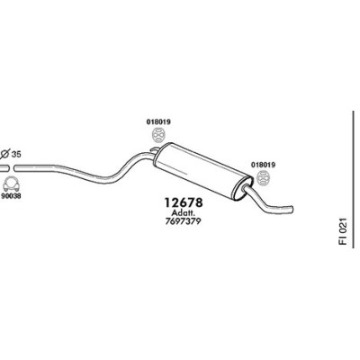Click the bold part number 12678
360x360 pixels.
click(x=184, y=202)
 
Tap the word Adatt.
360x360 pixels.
click(x=184, y=213)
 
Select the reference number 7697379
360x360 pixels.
click(x=183, y=221)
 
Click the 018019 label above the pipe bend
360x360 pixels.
click(x=158, y=122)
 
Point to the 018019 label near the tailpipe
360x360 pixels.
click(x=263, y=165)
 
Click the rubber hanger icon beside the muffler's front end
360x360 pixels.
click(x=158, y=135)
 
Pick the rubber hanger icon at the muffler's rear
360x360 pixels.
click(x=263, y=178)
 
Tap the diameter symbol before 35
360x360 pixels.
click(x=4, y=154)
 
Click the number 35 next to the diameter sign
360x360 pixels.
click(x=16, y=155)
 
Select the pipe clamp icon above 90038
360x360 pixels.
click(x=11, y=184)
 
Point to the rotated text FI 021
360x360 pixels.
click(x=343, y=231)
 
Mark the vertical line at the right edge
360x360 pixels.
click(x=354, y=179)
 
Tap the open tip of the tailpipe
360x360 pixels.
click(x=291, y=210)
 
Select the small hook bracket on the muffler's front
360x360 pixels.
click(x=154, y=149)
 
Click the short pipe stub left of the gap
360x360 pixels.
click(x=4, y=168)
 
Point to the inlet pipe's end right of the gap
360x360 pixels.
click(x=15, y=168)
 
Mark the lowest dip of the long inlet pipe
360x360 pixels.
click(x=105, y=180)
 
